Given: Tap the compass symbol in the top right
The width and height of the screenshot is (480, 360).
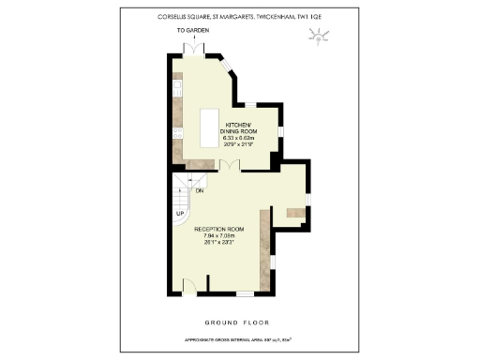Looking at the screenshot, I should coord(320,37).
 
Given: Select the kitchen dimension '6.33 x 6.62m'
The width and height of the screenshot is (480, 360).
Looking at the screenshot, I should coord(240,139).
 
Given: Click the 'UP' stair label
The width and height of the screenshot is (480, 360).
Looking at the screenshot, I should coord(179,213).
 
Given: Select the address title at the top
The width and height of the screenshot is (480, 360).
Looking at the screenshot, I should coord(238,16).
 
